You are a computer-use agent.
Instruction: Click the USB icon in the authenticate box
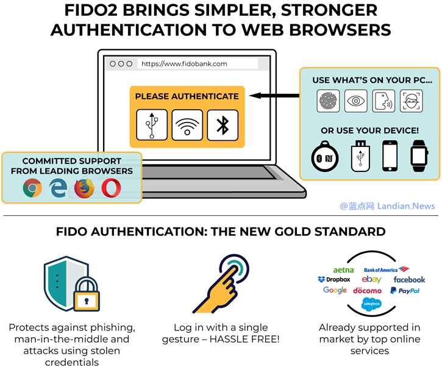click(152, 124)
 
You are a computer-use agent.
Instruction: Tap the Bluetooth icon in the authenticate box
click(223, 125)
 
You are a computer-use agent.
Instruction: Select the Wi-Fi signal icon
click(187, 125)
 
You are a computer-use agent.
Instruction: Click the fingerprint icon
click(329, 101)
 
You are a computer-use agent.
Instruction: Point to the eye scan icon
click(356, 101)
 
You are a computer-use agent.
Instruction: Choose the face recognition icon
click(412, 101)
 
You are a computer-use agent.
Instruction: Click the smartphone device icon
click(390, 157)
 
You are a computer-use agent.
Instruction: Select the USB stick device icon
click(360, 157)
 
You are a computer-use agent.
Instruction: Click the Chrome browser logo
click(32, 188)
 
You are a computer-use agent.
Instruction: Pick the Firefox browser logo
click(85, 188)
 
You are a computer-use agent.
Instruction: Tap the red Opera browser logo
click(111, 188)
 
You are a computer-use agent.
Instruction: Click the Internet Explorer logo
click(59, 188)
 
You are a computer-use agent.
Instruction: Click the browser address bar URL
click(185, 63)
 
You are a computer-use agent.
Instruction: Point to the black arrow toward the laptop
click(274, 96)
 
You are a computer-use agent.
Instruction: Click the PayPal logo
click(405, 291)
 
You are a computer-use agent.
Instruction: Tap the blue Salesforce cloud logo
click(371, 304)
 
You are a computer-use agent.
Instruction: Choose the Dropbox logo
click(334, 279)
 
